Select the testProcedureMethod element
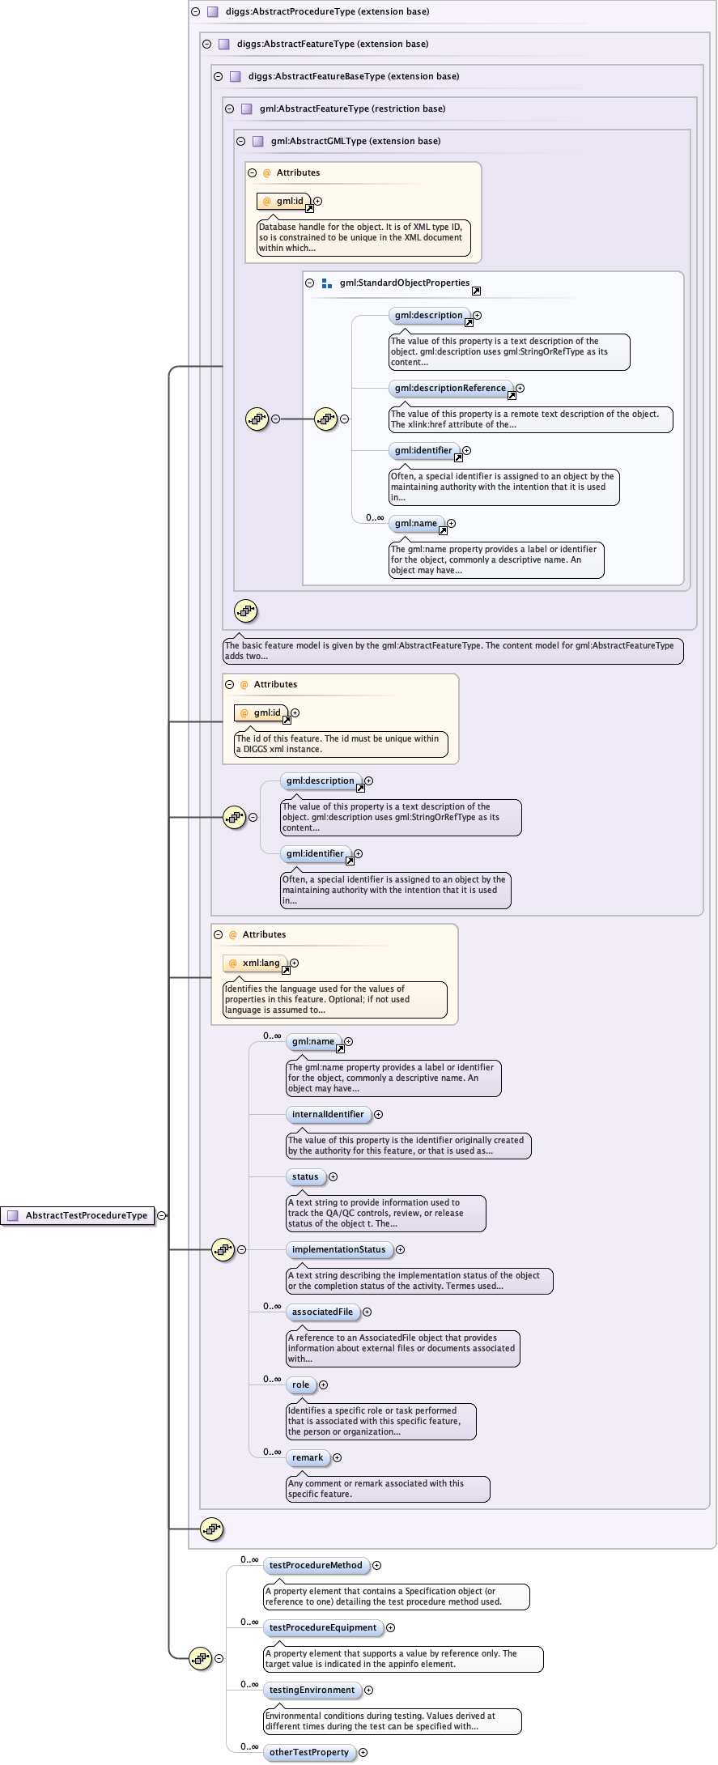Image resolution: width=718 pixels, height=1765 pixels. [x=316, y=1565]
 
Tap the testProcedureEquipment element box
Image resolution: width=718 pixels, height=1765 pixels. [x=323, y=1627]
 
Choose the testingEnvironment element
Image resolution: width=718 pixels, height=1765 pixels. [x=312, y=1690]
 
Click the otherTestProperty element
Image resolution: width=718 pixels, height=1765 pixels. [x=308, y=1752]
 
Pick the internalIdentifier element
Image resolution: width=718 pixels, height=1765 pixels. [x=328, y=1114]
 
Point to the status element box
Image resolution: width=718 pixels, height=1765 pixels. [x=305, y=1176]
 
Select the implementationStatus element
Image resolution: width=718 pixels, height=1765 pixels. [x=338, y=1249]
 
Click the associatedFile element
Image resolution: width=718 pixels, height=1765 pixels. [x=322, y=1312]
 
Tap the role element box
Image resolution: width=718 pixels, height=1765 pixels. [x=300, y=1384]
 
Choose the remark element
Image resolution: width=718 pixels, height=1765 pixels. [x=308, y=1457]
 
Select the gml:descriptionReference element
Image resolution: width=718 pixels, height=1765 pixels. [x=450, y=388]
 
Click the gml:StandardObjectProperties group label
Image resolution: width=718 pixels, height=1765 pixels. [x=404, y=283]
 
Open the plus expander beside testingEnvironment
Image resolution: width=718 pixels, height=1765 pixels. [x=369, y=1690]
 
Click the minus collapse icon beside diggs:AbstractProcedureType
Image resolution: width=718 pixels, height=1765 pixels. [x=195, y=11]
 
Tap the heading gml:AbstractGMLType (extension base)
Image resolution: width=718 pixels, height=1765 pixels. [x=355, y=141]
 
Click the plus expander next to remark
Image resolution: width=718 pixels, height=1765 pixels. [x=338, y=1457]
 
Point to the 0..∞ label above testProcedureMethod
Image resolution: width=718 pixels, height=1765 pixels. [x=249, y=1559]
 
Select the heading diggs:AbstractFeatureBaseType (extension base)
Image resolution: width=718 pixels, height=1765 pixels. [x=353, y=76]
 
